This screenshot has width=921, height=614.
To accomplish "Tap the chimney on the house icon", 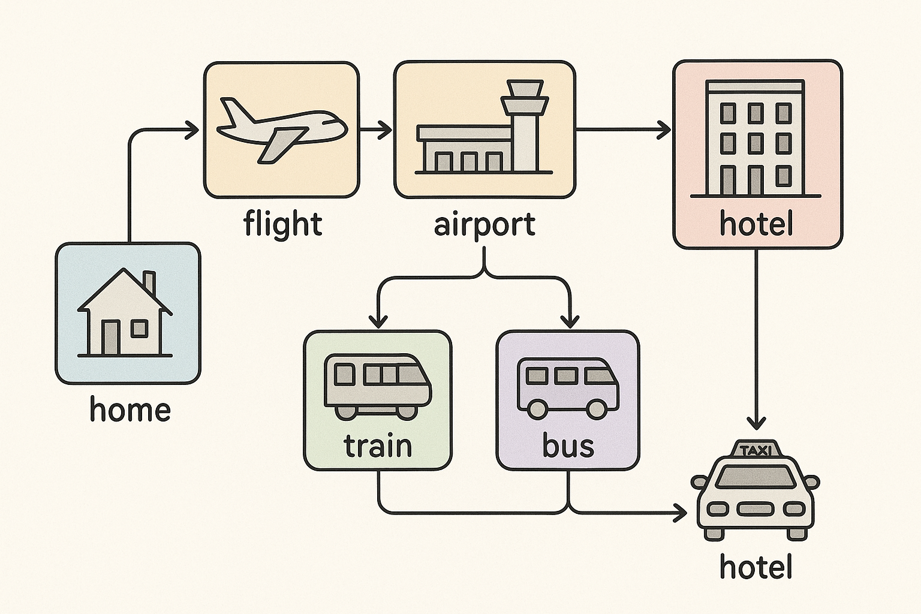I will [149, 283].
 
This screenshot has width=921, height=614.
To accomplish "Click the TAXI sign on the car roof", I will [756, 450].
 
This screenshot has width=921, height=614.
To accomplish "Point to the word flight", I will [282, 224].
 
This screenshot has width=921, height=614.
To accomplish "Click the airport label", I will [484, 225].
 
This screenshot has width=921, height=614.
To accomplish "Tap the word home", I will [130, 410].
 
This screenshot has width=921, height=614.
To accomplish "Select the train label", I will [378, 446].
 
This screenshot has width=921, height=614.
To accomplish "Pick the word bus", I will [568, 446].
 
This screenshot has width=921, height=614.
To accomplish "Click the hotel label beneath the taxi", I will [756, 567].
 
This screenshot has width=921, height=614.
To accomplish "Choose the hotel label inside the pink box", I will [756, 224].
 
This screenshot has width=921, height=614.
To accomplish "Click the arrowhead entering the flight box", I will [192, 129].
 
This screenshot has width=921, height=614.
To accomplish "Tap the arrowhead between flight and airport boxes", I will [384, 129].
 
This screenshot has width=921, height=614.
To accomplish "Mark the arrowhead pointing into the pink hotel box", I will [664, 129].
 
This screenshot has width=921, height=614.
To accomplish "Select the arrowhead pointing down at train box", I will [378, 321].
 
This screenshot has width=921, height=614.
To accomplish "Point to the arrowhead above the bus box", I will [568, 321].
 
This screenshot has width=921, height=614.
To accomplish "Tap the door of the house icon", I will [110, 337].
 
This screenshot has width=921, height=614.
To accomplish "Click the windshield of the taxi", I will [756, 477].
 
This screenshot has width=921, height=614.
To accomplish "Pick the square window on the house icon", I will [139, 328].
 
